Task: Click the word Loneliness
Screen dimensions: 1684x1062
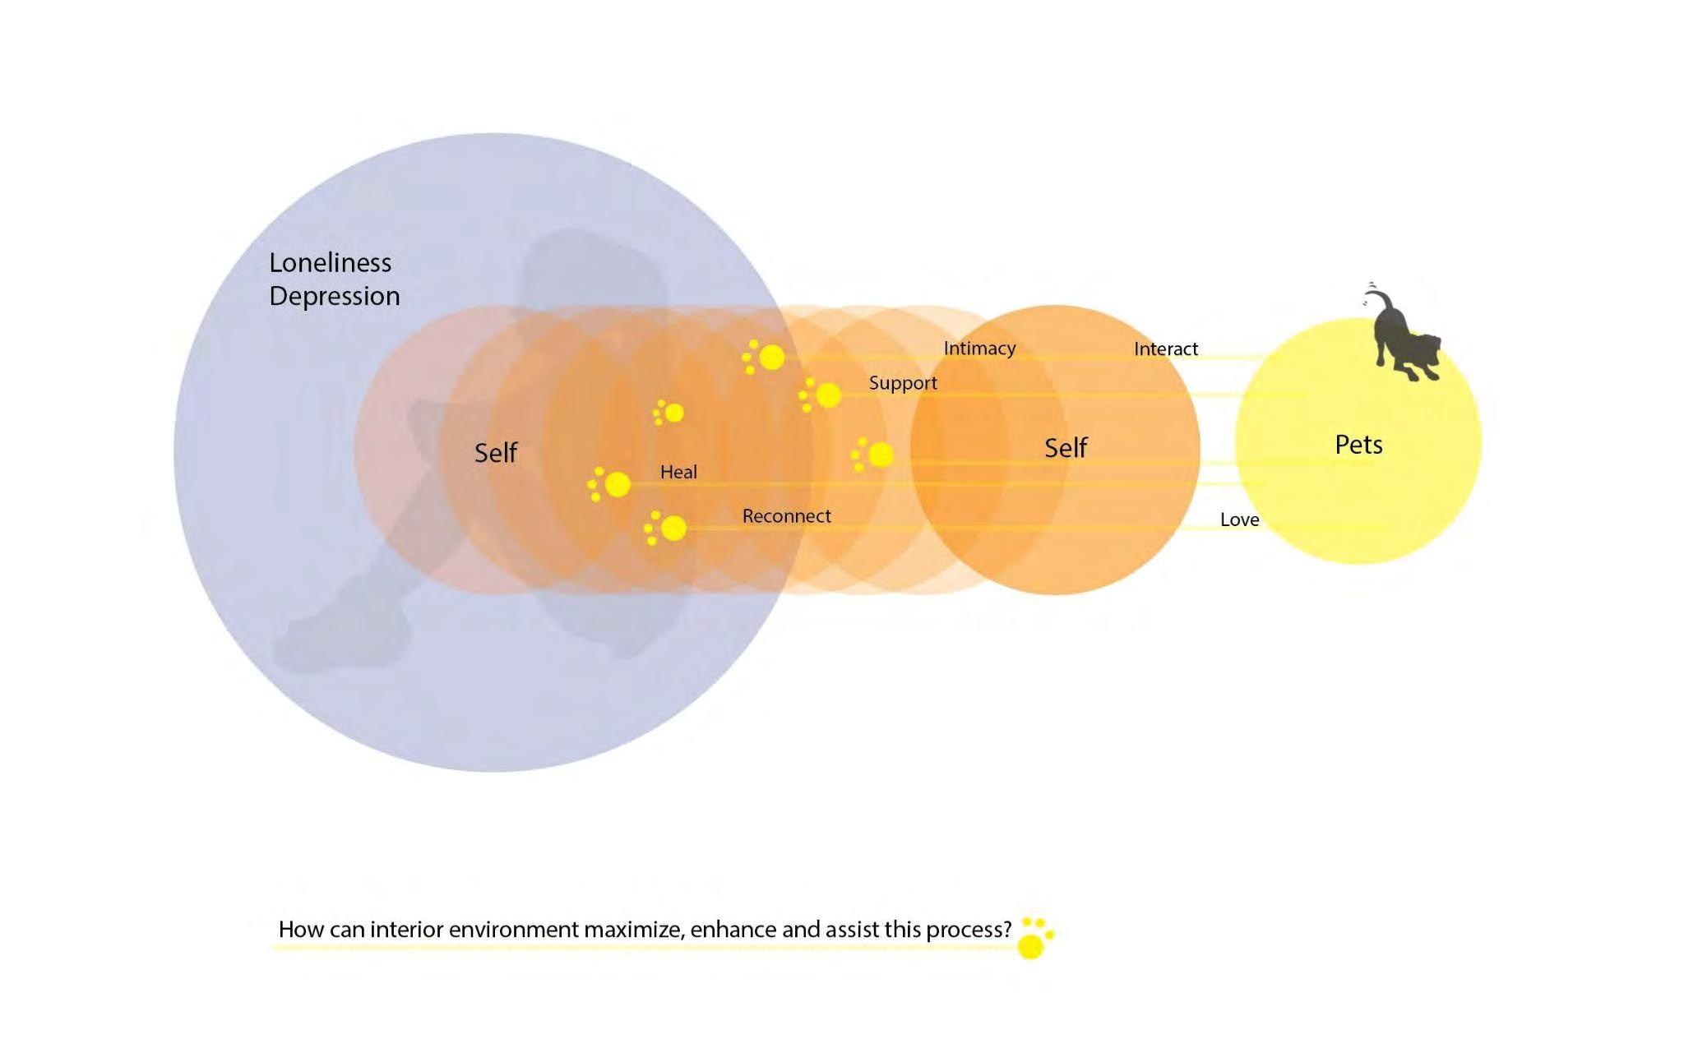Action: [330, 263]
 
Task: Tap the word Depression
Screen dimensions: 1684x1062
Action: [334, 296]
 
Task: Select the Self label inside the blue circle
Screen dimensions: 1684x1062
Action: [496, 452]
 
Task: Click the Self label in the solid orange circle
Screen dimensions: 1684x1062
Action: [1066, 448]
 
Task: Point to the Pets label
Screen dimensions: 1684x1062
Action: [1358, 445]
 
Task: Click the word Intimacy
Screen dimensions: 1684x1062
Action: [979, 349]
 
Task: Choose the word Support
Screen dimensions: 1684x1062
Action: [903, 383]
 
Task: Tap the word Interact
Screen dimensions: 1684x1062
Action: [1165, 349]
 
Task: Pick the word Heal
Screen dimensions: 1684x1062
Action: [678, 472]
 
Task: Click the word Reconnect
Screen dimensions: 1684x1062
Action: [786, 516]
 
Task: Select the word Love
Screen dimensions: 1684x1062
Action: [1239, 519]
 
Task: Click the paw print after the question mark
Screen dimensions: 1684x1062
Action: [1034, 938]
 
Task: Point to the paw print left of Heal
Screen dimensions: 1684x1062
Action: [610, 484]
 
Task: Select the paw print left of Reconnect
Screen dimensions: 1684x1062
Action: [667, 528]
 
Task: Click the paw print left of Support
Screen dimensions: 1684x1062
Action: [821, 395]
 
